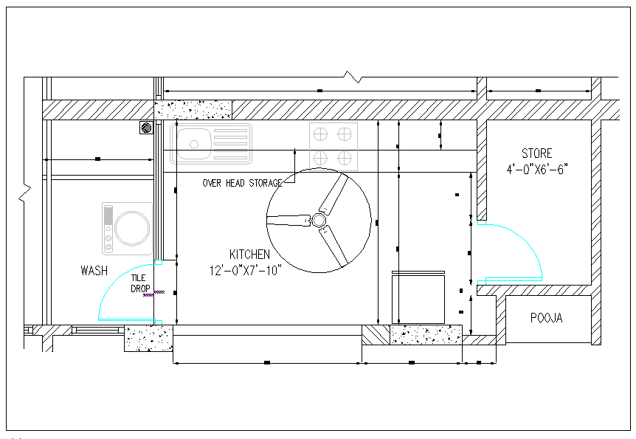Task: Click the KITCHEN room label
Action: tap(249, 255)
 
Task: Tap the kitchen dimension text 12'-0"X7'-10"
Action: tap(246, 270)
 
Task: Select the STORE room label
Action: tap(536, 153)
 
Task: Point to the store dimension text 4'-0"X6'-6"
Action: tap(536, 169)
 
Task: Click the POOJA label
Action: tap(546, 318)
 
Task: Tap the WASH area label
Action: tap(94, 271)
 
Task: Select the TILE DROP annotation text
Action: tap(140, 283)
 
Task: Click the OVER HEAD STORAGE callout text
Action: tap(242, 183)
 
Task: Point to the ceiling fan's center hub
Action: tap(319, 220)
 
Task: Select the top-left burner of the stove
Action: tap(321, 134)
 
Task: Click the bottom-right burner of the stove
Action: tap(345, 157)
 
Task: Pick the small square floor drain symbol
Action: tap(146, 128)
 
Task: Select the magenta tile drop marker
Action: tap(153, 294)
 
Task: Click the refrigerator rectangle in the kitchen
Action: tap(419, 298)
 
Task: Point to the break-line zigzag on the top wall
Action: tap(354, 77)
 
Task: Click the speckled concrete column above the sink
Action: tap(194, 110)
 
